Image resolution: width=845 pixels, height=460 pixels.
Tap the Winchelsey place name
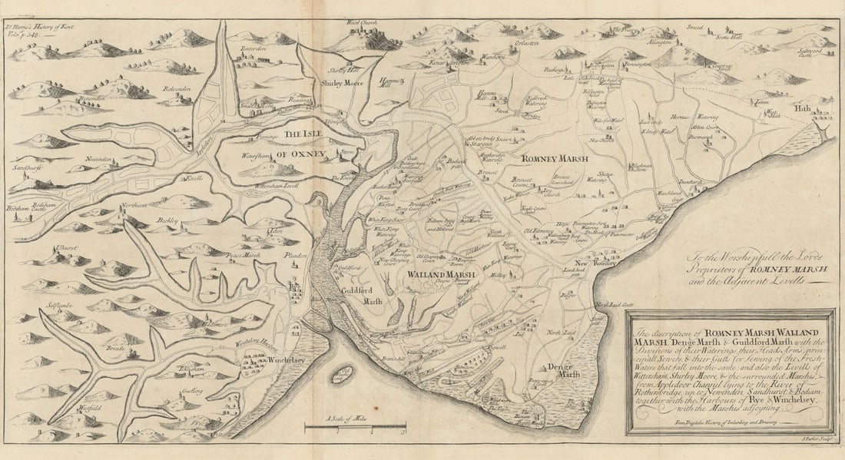point(289,359)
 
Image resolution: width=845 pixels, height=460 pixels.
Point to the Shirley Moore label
point(341,83)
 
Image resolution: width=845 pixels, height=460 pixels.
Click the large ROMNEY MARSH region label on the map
point(555,158)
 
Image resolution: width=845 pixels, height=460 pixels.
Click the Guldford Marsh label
point(363,294)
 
